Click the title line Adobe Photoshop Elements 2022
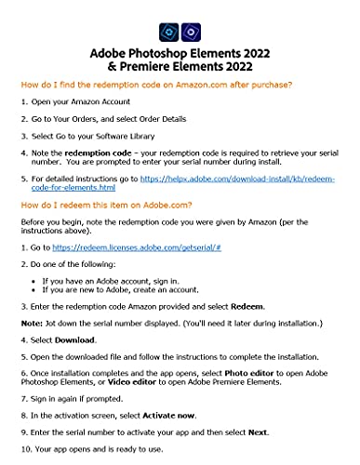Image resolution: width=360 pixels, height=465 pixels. coord(180,53)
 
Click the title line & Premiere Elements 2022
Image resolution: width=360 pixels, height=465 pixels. coord(180,67)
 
